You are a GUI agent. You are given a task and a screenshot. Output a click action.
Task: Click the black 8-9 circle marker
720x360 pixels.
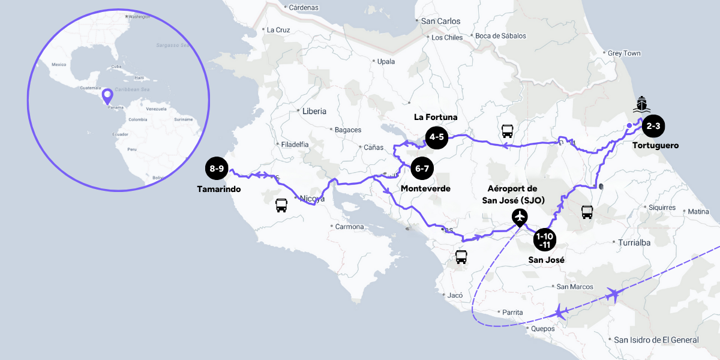[217, 169]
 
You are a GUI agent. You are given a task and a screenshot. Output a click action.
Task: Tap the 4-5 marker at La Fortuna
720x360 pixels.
[436, 137]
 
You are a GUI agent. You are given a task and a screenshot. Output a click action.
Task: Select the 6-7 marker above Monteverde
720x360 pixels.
[422, 169]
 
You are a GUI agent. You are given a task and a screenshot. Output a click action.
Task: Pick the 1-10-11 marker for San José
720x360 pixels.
[545, 239]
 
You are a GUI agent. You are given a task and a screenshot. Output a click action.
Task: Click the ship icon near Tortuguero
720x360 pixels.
[642, 104]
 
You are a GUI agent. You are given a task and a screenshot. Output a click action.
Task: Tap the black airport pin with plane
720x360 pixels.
[520, 217]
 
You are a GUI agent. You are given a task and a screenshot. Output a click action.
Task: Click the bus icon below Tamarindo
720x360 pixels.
[281, 206]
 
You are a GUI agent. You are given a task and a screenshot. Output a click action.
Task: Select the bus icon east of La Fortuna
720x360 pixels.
[508, 131]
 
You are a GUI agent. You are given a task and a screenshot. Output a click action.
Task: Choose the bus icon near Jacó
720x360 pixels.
[461, 257]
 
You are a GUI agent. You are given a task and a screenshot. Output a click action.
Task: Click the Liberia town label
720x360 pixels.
[314, 111]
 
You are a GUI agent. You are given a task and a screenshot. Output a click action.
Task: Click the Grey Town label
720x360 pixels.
[624, 53]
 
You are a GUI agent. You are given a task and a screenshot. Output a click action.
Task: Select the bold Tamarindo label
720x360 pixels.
[218, 189]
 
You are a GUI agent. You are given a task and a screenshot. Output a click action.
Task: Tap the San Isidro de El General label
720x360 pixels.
[656, 340]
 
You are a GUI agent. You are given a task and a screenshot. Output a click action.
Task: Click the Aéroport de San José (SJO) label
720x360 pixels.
[513, 194]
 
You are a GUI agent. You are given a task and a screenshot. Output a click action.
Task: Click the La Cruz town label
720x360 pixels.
[278, 29]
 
